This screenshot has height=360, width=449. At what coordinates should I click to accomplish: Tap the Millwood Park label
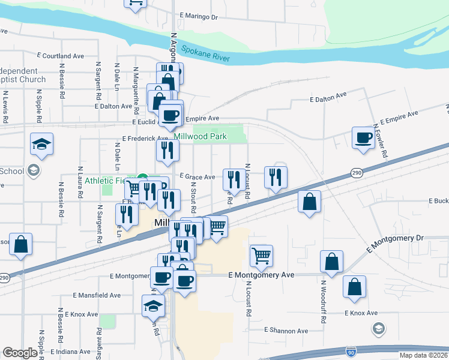200,136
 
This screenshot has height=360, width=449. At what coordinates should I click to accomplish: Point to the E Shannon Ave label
286,331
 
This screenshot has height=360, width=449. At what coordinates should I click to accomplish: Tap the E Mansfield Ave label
97,295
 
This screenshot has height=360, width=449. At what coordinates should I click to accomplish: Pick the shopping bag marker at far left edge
20,244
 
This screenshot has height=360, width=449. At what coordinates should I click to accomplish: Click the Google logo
20,353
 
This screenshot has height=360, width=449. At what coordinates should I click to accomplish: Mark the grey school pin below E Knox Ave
378,328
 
